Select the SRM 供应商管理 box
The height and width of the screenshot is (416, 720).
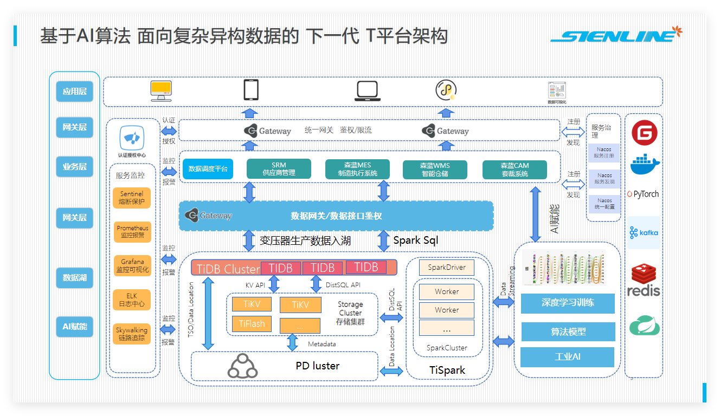[x=279, y=169]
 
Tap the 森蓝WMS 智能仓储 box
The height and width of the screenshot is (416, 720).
[x=435, y=170]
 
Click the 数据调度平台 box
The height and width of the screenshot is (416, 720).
[x=208, y=169]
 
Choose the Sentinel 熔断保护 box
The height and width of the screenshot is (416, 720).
[x=132, y=198]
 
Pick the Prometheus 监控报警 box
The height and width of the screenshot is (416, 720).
[x=132, y=232]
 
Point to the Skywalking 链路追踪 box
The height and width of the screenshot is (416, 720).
[x=132, y=334]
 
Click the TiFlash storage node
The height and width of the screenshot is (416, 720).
[x=252, y=324]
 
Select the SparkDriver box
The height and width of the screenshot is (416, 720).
[x=447, y=268]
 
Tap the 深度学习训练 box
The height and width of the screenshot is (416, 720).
[x=568, y=303]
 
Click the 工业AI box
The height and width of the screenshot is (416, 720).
[x=567, y=357]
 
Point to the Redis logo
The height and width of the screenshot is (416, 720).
[x=644, y=280]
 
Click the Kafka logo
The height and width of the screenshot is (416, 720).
[x=644, y=233]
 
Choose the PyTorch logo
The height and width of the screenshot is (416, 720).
[x=644, y=194]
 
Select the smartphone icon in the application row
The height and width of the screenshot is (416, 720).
[x=250, y=90]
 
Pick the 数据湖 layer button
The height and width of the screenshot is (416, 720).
[x=75, y=278]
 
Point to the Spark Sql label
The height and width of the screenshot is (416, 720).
[x=415, y=240]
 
